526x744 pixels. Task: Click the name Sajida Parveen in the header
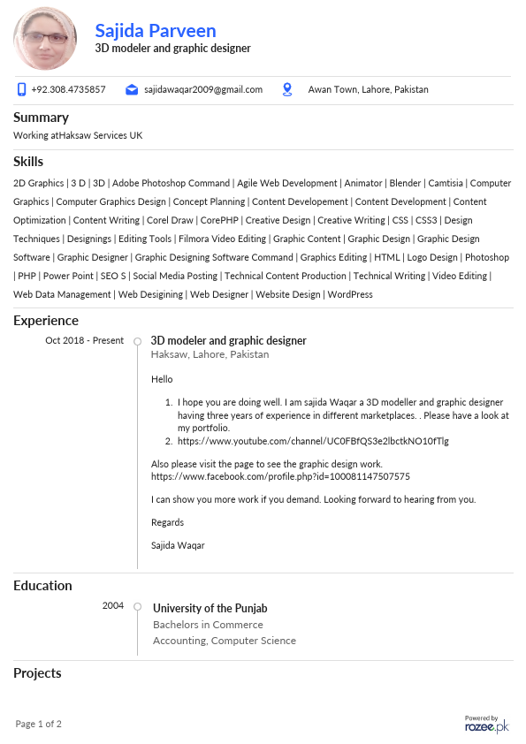click(x=156, y=31)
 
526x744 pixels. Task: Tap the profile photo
click(x=44, y=39)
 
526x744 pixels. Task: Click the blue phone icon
click(x=21, y=89)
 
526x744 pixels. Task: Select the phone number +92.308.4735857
click(x=68, y=89)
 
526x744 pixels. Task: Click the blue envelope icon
click(x=132, y=89)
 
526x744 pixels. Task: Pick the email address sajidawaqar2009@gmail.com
click(x=203, y=89)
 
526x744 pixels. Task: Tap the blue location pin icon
click(x=286, y=89)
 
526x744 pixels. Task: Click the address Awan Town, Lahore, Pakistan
click(x=368, y=89)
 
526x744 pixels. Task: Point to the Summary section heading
click(x=41, y=117)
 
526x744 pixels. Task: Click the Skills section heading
click(x=28, y=161)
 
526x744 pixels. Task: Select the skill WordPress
click(x=350, y=294)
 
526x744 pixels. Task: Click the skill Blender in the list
click(x=405, y=183)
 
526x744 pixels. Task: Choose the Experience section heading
click(x=46, y=320)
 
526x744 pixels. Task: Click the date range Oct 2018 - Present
click(x=84, y=340)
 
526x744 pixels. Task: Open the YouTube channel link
click(x=313, y=440)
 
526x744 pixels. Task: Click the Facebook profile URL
click(x=280, y=476)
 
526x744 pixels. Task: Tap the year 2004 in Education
click(x=113, y=605)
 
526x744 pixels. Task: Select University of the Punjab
click(x=210, y=608)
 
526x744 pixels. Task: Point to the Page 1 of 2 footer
click(x=39, y=724)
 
